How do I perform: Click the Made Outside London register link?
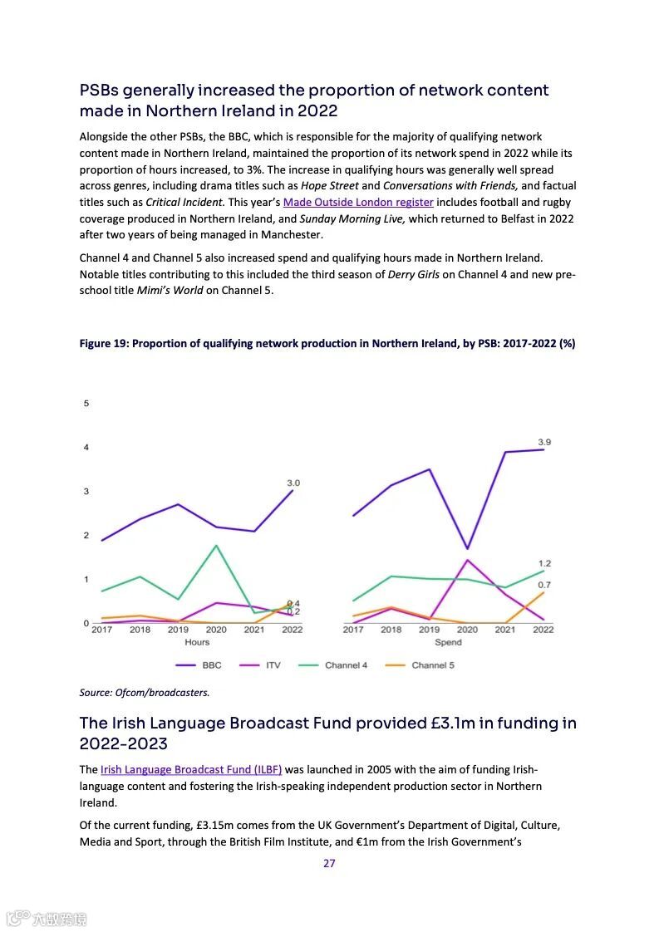(x=358, y=202)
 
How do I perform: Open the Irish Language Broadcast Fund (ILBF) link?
(x=191, y=769)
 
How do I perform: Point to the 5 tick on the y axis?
(x=86, y=404)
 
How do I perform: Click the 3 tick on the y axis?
(x=86, y=492)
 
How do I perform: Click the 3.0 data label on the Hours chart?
(x=293, y=483)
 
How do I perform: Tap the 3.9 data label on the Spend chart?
(x=544, y=442)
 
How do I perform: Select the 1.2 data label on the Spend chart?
(x=544, y=563)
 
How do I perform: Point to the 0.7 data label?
(x=544, y=585)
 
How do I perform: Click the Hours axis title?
(x=197, y=642)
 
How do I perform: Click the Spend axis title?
(x=448, y=642)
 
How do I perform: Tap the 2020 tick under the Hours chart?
(x=216, y=630)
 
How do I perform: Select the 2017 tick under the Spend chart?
(x=353, y=630)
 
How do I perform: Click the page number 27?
(x=329, y=863)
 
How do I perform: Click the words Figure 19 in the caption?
(x=103, y=343)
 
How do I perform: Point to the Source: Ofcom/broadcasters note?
(x=145, y=691)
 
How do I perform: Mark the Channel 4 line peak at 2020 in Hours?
(x=216, y=546)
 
